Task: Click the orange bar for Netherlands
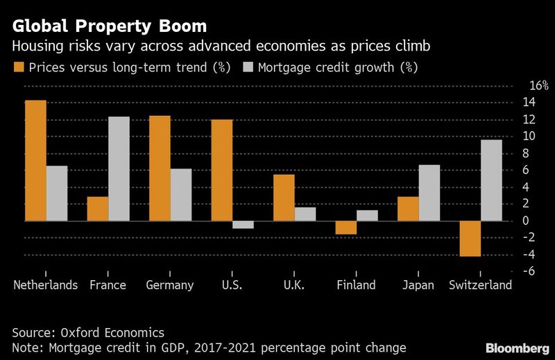[35, 161]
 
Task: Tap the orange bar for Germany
[160, 169]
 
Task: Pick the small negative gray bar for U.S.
[243, 224]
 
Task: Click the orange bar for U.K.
[284, 198]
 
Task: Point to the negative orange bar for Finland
[345, 228]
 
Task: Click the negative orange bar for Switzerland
[470, 239]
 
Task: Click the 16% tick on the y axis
[520, 86]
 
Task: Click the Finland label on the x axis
[356, 285]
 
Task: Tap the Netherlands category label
[46, 285]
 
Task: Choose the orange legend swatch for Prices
[17, 68]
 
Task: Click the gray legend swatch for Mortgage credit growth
[247, 68]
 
